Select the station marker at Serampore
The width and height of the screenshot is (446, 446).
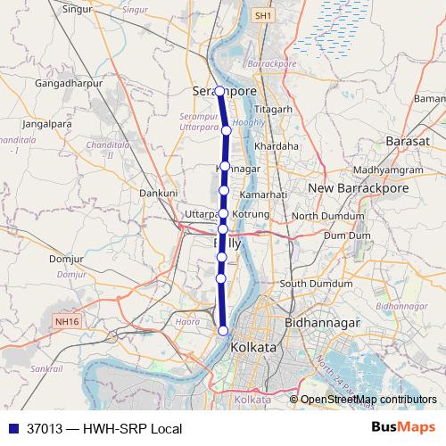point(219,90)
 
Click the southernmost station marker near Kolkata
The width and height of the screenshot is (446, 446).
point(222,332)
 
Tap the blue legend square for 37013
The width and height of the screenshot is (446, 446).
point(12,429)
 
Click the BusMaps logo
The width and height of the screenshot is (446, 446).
point(404,428)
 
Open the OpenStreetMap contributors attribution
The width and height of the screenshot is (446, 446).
point(368,400)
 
